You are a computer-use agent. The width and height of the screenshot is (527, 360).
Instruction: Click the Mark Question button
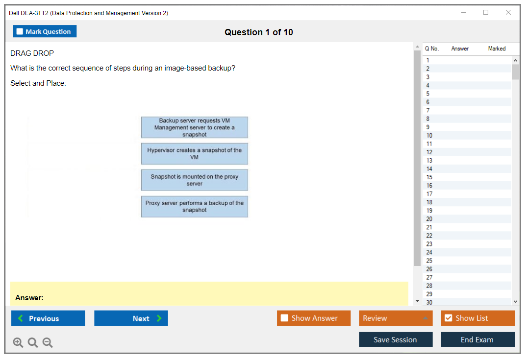click(44, 31)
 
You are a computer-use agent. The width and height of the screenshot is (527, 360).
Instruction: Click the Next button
click(131, 318)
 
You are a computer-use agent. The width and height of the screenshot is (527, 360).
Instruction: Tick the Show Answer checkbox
click(284, 318)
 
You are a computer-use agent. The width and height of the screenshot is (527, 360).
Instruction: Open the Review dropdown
click(396, 318)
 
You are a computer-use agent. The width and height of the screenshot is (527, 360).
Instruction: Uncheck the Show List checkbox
click(449, 318)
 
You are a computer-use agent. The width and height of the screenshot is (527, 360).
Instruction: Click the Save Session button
click(396, 339)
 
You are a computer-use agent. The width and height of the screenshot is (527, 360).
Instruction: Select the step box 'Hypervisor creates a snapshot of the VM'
click(195, 154)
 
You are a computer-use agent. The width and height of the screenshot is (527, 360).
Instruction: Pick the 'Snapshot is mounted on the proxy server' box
click(195, 180)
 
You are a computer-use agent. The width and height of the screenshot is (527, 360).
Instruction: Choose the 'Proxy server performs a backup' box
click(195, 207)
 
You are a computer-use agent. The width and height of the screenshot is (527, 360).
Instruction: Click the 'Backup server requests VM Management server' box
click(195, 127)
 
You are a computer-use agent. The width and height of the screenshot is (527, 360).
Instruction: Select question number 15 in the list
click(429, 177)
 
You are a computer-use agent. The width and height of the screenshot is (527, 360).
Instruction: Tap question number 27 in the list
click(429, 277)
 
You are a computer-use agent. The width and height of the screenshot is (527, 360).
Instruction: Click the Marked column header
click(497, 48)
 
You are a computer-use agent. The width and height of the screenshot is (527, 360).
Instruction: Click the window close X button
click(508, 12)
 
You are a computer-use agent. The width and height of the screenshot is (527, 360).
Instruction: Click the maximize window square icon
click(486, 12)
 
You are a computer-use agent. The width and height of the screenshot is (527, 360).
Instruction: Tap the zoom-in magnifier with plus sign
click(18, 342)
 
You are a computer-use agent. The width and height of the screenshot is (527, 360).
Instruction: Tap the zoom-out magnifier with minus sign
click(48, 342)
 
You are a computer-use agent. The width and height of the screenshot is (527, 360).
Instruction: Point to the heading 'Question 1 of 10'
click(259, 32)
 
